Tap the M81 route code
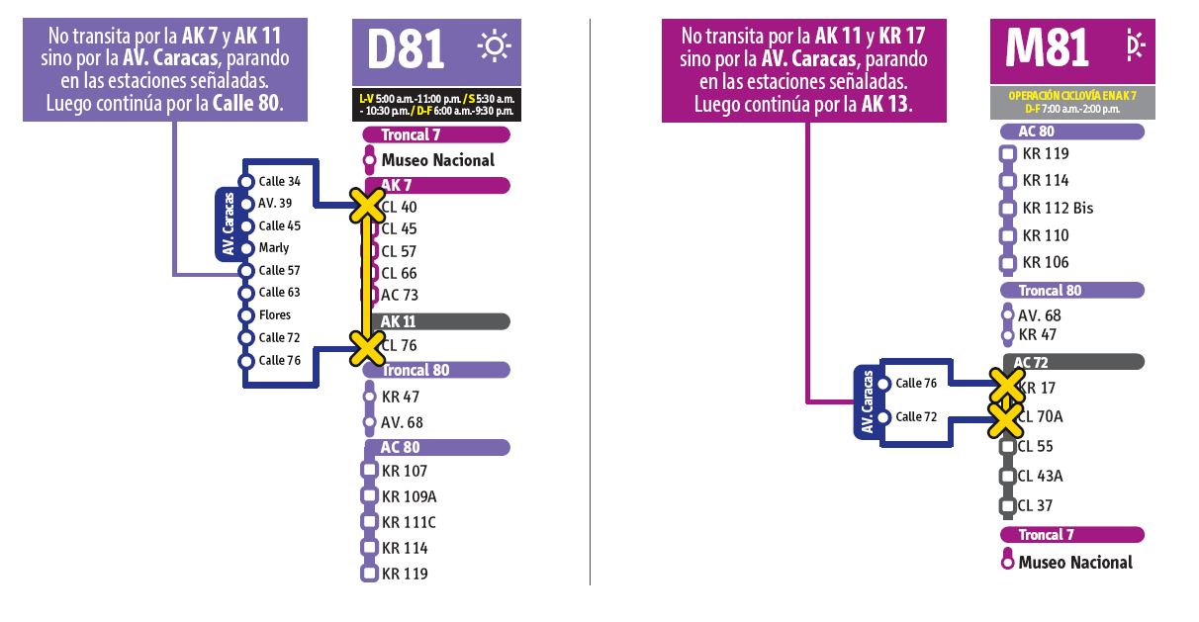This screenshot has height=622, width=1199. (1047, 47)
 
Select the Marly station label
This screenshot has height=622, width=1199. (274, 248)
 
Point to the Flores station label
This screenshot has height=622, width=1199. (275, 315)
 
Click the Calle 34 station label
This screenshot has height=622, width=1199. (279, 182)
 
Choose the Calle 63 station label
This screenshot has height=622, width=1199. (279, 293)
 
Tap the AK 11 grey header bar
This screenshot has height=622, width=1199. (435, 321)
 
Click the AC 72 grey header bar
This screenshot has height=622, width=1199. (1072, 362)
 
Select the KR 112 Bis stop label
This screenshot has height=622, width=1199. (1058, 209)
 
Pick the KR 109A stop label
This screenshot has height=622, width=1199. (409, 496)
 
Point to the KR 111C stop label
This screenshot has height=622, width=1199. (409, 522)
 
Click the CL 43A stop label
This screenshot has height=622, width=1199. (1040, 476)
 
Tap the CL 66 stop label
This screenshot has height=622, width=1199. (399, 273)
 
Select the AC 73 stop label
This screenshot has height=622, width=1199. (400, 295)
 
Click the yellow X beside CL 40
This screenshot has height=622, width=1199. (366, 207)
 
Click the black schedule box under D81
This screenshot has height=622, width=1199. (436, 104)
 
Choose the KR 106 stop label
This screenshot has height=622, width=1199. (1046, 262)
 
